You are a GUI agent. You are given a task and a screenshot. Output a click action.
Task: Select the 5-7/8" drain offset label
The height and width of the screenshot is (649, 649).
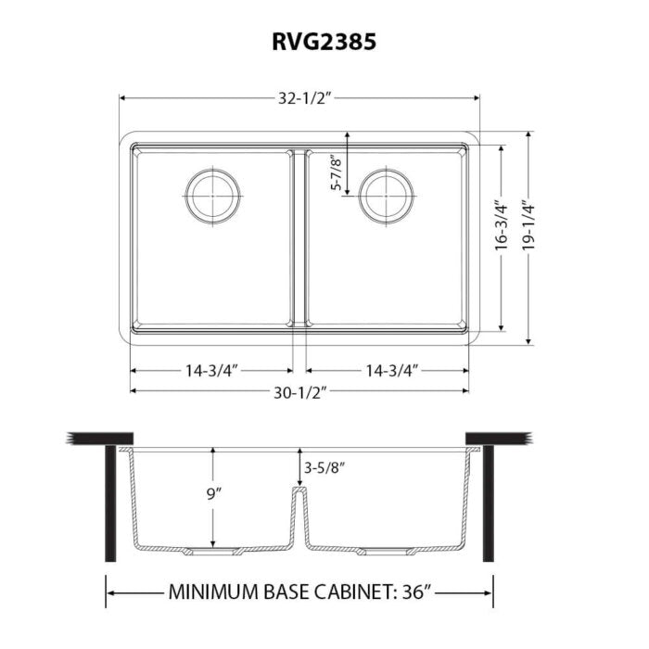[337, 172]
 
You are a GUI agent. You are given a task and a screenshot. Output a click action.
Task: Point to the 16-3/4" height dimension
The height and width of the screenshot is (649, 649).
[501, 225]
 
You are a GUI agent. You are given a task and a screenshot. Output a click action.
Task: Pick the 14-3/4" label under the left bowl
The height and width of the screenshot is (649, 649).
[211, 370]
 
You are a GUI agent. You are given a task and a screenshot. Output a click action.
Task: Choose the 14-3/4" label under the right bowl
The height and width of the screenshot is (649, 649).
[390, 370]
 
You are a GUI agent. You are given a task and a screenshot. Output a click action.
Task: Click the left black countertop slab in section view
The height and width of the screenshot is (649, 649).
[102, 437]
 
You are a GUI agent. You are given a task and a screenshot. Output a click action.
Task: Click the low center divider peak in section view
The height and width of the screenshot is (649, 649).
[299, 489]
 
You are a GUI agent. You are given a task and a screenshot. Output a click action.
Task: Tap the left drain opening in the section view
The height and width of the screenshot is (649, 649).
[212, 552]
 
